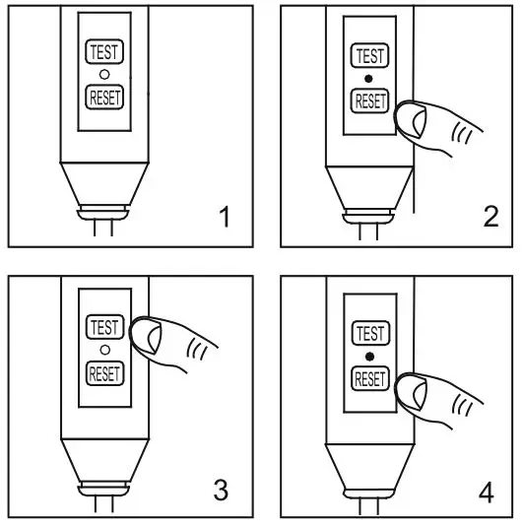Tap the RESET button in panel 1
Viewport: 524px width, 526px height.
point(102,97)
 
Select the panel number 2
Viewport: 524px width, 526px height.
point(491,218)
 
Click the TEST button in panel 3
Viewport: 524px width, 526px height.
point(102,327)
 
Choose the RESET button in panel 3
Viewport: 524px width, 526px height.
point(102,372)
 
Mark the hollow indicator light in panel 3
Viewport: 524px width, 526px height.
point(102,350)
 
